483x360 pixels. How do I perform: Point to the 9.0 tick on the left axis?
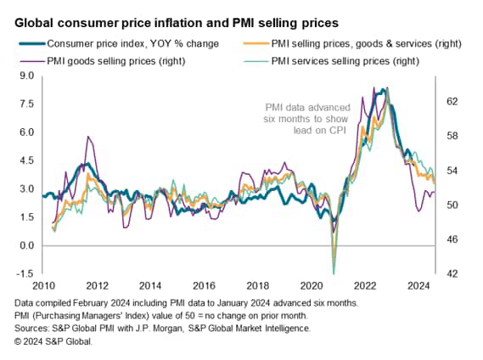pos(25,76)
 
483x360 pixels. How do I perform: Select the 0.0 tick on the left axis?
pos(25,245)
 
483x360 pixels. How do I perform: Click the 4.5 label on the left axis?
pos(25,160)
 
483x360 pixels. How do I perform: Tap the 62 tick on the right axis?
pos(452,101)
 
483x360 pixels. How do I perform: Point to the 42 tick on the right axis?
pos(452,273)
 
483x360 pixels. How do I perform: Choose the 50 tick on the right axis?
pos(452,205)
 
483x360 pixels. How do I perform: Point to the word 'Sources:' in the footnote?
pos(35,328)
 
